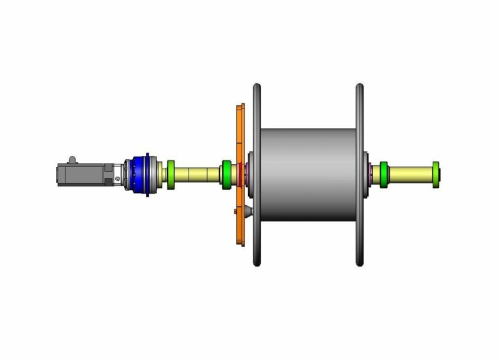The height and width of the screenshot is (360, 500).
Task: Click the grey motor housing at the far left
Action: [x=80, y=174]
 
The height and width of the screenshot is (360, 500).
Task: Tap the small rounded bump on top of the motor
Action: [x=72, y=159]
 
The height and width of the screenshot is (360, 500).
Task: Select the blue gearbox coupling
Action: [x=137, y=174]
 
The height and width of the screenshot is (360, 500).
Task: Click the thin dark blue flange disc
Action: [x=147, y=174]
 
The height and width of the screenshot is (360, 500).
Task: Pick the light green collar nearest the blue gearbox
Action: [x=170, y=175]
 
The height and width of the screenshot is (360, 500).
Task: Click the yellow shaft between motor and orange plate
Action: [x=196, y=175]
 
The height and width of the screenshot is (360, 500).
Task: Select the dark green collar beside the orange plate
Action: [x=226, y=174]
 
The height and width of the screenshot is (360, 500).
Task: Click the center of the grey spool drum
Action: [x=310, y=174]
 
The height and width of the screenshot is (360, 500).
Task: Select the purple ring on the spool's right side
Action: [x=370, y=174]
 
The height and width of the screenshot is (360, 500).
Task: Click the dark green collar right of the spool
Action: [x=384, y=174]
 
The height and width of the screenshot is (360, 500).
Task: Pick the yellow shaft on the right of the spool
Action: [x=411, y=175]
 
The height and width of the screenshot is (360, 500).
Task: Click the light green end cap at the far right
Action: [x=436, y=175]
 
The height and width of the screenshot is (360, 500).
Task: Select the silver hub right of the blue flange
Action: [x=154, y=174]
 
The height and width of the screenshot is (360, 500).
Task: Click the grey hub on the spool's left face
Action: [x=249, y=174]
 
